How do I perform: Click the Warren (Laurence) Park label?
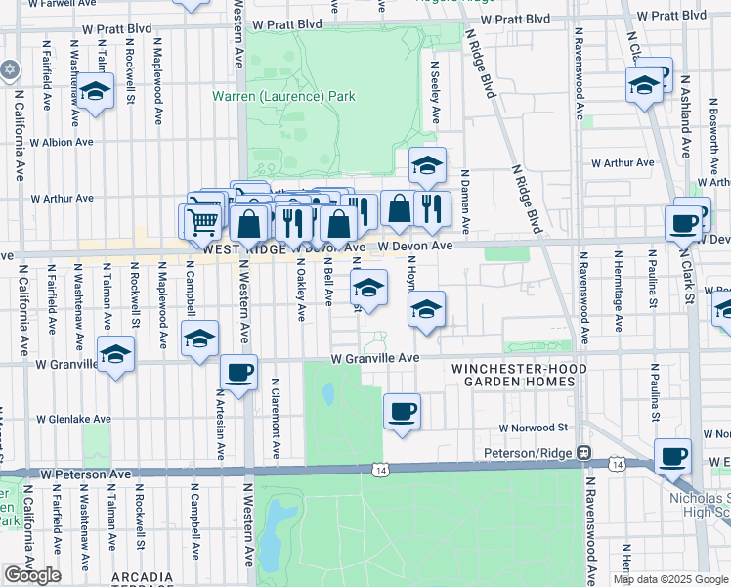pyautogui.click(x=284, y=97)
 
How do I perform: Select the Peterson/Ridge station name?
pyautogui.click(x=529, y=453)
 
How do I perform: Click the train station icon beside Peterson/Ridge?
pyautogui.click(x=583, y=453)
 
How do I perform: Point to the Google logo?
pyautogui.click(x=32, y=575)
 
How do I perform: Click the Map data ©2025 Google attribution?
pyautogui.click(x=669, y=579)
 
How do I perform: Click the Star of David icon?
pyautogui.click(x=11, y=70)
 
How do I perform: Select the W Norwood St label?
pyautogui.click(x=533, y=428)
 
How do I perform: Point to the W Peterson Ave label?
pyautogui.click(x=85, y=474)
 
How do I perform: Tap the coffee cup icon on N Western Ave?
pyautogui.click(x=239, y=372)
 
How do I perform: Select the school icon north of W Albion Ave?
pyautogui.click(x=95, y=93)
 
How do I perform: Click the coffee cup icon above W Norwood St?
pyautogui.click(x=402, y=410)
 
